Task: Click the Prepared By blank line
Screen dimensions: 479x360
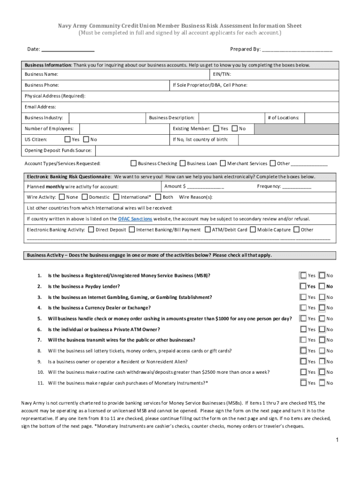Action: (x=297, y=50)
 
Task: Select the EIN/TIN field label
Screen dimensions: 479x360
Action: (x=222, y=74)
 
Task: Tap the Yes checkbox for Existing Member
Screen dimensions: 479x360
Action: (x=216, y=128)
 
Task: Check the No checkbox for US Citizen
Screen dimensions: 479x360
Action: (x=86, y=139)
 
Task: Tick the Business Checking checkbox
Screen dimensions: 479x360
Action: (x=134, y=163)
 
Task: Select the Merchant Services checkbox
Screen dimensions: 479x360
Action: (x=223, y=163)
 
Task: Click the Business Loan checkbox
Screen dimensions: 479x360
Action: (x=182, y=163)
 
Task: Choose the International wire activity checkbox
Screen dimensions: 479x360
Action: (x=116, y=197)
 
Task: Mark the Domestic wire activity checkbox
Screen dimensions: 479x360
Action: (x=85, y=197)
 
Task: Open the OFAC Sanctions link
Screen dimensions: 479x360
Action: (x=135, y=218)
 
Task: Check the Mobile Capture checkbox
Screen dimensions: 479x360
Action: (x=253, y=229)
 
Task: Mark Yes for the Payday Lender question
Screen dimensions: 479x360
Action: (x=303, y=286)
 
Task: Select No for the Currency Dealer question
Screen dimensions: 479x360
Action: (x=322, y=308)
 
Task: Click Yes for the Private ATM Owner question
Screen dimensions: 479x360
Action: (x=303, y=329)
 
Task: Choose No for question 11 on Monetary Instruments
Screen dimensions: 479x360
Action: (x=322, y=383)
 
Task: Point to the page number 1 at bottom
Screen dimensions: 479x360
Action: (x=336, y=440)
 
